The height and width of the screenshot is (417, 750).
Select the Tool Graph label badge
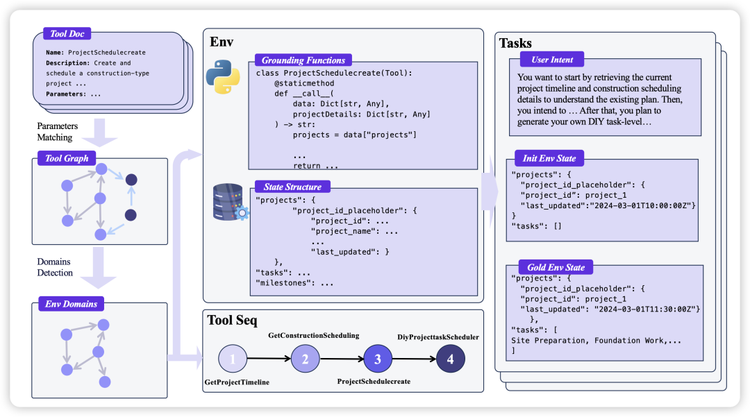pos(67,158)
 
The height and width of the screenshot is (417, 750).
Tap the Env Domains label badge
pos(70,303)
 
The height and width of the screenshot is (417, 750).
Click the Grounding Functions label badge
pos(303,60)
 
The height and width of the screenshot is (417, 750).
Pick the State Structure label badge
pos(292,187)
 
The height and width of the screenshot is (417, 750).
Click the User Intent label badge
pos(552,60)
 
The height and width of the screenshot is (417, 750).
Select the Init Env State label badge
pos(549,158)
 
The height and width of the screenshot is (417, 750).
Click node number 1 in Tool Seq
pos(233,359)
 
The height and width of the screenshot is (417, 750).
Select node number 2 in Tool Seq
pos(305,359)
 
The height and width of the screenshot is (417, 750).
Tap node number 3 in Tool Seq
pos(378,359)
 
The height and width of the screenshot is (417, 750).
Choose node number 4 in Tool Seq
pos(450,359)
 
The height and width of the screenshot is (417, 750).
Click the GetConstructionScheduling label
pos(314,336)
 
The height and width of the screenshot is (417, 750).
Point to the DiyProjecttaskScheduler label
pos(437,338)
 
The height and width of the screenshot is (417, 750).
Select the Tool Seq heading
pos(232,321)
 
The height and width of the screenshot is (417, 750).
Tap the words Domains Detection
pos(55,267)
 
